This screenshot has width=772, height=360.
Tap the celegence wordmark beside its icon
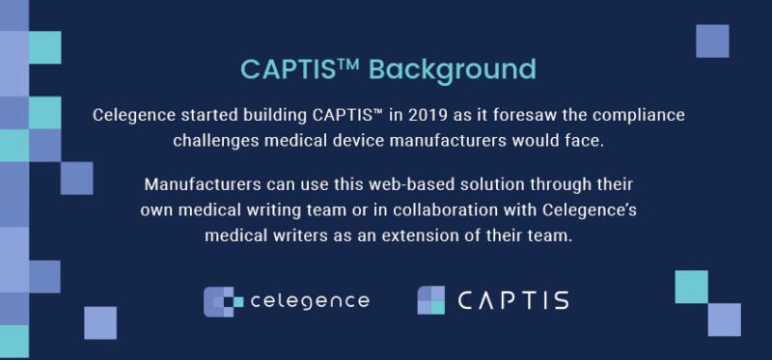click(309, 301)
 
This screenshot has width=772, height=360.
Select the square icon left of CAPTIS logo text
click(430, 300)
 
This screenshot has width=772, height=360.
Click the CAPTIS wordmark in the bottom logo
click(513, 300)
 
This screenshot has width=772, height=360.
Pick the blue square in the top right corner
click(711, 41)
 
